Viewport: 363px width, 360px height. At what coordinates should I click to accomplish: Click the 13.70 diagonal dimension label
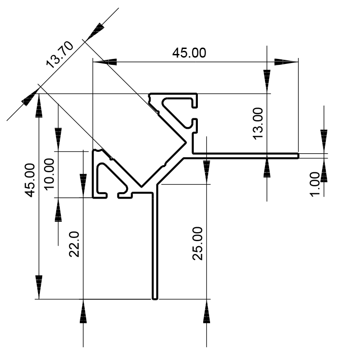click(x=60, y=54)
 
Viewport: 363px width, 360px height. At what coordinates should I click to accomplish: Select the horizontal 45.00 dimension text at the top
click(x=189, y=53)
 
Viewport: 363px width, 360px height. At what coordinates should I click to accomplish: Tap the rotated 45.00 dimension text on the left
click(x=30, y=180)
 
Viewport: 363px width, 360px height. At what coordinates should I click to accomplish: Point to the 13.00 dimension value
click(x=258, y=124)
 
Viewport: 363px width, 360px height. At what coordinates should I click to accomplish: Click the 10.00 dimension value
click(x=49, y=174)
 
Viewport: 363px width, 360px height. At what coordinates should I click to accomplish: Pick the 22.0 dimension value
click(x=74, y=244)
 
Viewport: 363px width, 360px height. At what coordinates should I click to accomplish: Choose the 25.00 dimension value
click(x=197, y=243)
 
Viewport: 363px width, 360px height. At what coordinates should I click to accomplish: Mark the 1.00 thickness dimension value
click(x=315, y=185)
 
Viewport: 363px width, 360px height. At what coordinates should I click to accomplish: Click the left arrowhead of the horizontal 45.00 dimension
click(x=105, y=62)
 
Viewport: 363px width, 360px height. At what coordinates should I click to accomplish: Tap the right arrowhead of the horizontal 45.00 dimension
click(x=286, y=62)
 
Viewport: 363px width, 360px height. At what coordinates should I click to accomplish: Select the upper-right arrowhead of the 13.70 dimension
click(x=95, y=32)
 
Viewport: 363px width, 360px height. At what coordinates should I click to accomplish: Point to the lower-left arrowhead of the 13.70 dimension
click(x=30, y=97)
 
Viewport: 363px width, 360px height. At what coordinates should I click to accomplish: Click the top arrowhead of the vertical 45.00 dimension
click(x=39, y=106)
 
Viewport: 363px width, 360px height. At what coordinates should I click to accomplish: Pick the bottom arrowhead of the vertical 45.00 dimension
click(x=39, y=287)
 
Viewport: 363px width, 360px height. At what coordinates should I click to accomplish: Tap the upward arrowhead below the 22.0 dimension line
click(x=83, y=311)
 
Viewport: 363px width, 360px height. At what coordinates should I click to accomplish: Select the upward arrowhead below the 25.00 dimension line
click(x=207, y=311)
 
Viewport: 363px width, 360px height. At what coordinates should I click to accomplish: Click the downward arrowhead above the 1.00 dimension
click(x=324, y=141)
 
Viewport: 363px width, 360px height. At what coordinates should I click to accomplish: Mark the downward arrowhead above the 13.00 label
click(x=267, y=82)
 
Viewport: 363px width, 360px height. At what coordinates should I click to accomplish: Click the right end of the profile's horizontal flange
click(x=298, y=156)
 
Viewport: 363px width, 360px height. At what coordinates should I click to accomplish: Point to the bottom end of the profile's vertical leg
click(x=155, y=299)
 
